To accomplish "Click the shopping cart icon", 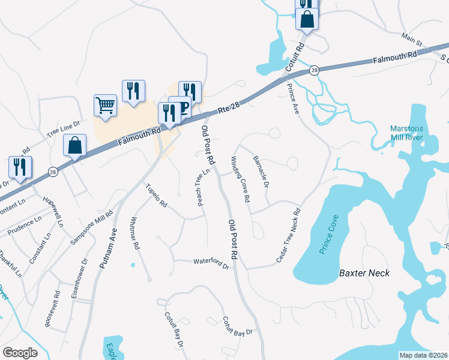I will [105, 106].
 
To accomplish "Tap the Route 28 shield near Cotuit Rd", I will [314, 71].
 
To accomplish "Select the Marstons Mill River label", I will [406, 133].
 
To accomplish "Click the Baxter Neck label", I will [364, 273].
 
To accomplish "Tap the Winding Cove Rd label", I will [239, 179].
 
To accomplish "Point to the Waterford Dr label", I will [211, 262].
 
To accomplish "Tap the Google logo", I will [20, 353].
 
